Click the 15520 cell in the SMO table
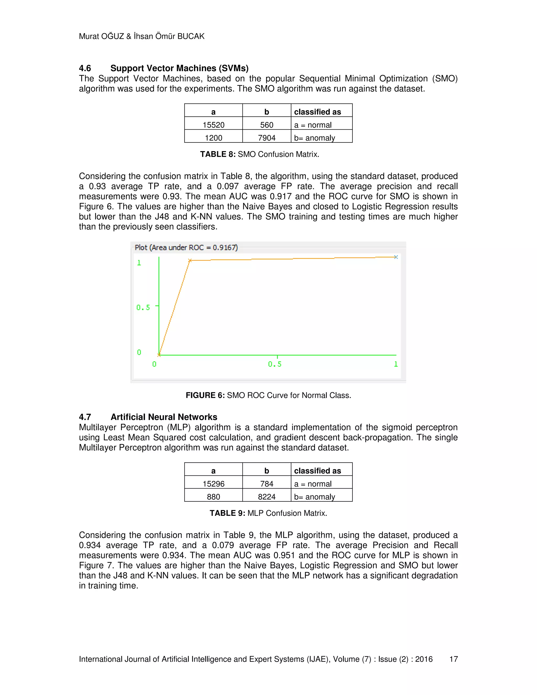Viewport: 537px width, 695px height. point(213,125)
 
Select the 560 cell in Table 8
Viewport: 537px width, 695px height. point(267,125)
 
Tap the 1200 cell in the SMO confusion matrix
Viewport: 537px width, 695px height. point(213,138)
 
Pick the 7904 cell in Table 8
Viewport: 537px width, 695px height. point(267,138)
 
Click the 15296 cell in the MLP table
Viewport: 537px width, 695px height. point(213,484)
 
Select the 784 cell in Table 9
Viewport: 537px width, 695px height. point(267,484)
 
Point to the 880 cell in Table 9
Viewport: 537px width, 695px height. point(213,497)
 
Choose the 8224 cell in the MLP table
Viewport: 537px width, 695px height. point(267,497)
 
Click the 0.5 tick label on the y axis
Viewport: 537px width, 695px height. point(143,307)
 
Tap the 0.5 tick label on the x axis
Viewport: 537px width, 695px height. point(275,364)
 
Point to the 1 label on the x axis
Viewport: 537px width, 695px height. point(396,364)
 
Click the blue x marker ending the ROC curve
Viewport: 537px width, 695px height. point(396,257)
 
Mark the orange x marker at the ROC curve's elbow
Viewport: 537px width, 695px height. point(190,261)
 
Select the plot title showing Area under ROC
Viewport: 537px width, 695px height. point(186,248)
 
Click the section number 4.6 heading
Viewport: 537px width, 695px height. point(85,68)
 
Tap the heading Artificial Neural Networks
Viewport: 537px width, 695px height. point(164,417)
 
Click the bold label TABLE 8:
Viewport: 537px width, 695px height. point(218,154)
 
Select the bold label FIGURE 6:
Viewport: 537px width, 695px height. point(205,395)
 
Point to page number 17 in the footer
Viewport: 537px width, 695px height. point(453,659)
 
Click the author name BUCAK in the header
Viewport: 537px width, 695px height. point(191,36)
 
